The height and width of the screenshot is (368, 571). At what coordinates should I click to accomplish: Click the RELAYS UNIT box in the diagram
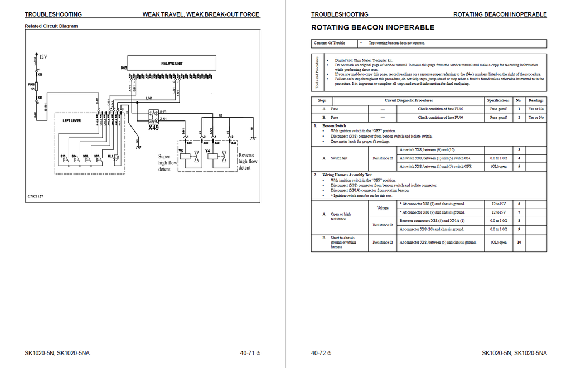tap(172, 64)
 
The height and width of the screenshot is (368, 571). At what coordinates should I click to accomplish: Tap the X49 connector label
tap(153, 128)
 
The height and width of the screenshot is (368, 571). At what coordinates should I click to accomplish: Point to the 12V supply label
tap(43, 57)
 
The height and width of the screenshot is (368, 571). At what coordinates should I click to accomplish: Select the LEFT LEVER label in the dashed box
tap(72, 120)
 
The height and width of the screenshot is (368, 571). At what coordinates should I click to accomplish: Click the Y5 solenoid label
tap(181, 151)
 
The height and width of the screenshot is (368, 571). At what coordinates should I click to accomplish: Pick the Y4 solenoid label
tap(207, 151)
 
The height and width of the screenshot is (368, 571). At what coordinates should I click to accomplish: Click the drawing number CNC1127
tap(35, 196)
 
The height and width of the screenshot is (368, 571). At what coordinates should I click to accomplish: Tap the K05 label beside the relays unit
tap(124, 68)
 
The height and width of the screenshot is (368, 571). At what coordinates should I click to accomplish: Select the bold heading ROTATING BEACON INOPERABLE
tap(372, 27)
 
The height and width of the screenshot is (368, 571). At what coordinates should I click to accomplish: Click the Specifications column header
tap(499, 100)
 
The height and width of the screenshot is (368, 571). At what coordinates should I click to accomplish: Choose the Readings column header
tap(536, 100)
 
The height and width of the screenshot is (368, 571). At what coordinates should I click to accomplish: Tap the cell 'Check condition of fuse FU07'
tap(441, 109)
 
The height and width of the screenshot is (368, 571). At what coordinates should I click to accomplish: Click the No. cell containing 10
tap(519, 242)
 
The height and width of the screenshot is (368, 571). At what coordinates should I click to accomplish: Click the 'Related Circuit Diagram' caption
tap(51, 26)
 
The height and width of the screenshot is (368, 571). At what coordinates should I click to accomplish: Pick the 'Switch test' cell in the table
tap(340, 158)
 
